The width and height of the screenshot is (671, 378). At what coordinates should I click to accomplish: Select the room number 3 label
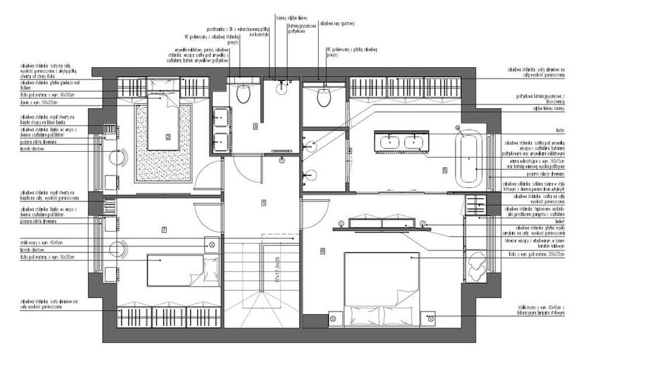[x=255, y=126]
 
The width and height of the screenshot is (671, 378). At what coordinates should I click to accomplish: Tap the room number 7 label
[x=164, y=230]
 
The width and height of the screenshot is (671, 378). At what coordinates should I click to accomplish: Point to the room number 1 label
[x=264, y=202]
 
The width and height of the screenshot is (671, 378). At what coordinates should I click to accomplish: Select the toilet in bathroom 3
[x=243, y=93]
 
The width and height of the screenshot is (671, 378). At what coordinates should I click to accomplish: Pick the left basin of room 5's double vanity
[x=389, y=142]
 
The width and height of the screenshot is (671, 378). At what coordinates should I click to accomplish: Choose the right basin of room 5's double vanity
[x=416, y=142]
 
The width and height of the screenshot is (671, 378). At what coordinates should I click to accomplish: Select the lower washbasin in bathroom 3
[x=219, y=142]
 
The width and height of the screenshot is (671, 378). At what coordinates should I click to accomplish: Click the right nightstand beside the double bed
[x=430, y=317]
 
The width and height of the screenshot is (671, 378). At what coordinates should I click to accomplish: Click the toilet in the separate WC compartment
[x=324, y=97]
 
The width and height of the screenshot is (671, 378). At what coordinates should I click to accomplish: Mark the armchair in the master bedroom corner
[x=477, y=267]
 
